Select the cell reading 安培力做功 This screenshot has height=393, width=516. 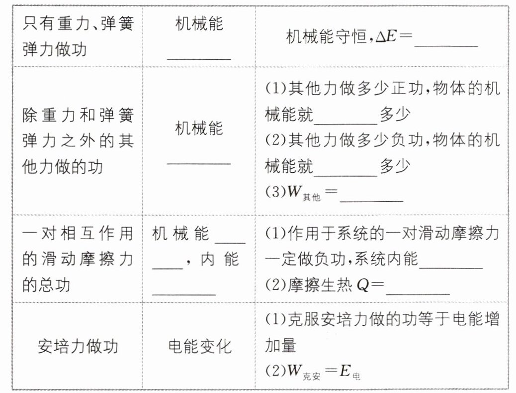(78, 346)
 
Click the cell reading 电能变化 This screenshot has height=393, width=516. (200, 346)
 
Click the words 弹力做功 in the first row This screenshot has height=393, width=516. (54, 50)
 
